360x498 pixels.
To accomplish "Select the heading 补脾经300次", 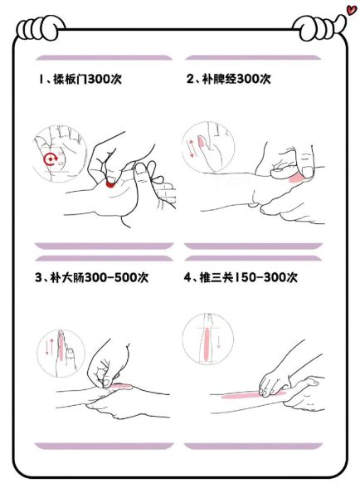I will (229, 79).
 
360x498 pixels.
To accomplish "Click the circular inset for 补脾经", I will (203, 146).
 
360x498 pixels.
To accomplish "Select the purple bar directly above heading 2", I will (252, 58).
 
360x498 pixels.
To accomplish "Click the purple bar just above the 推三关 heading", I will (252, 247).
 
